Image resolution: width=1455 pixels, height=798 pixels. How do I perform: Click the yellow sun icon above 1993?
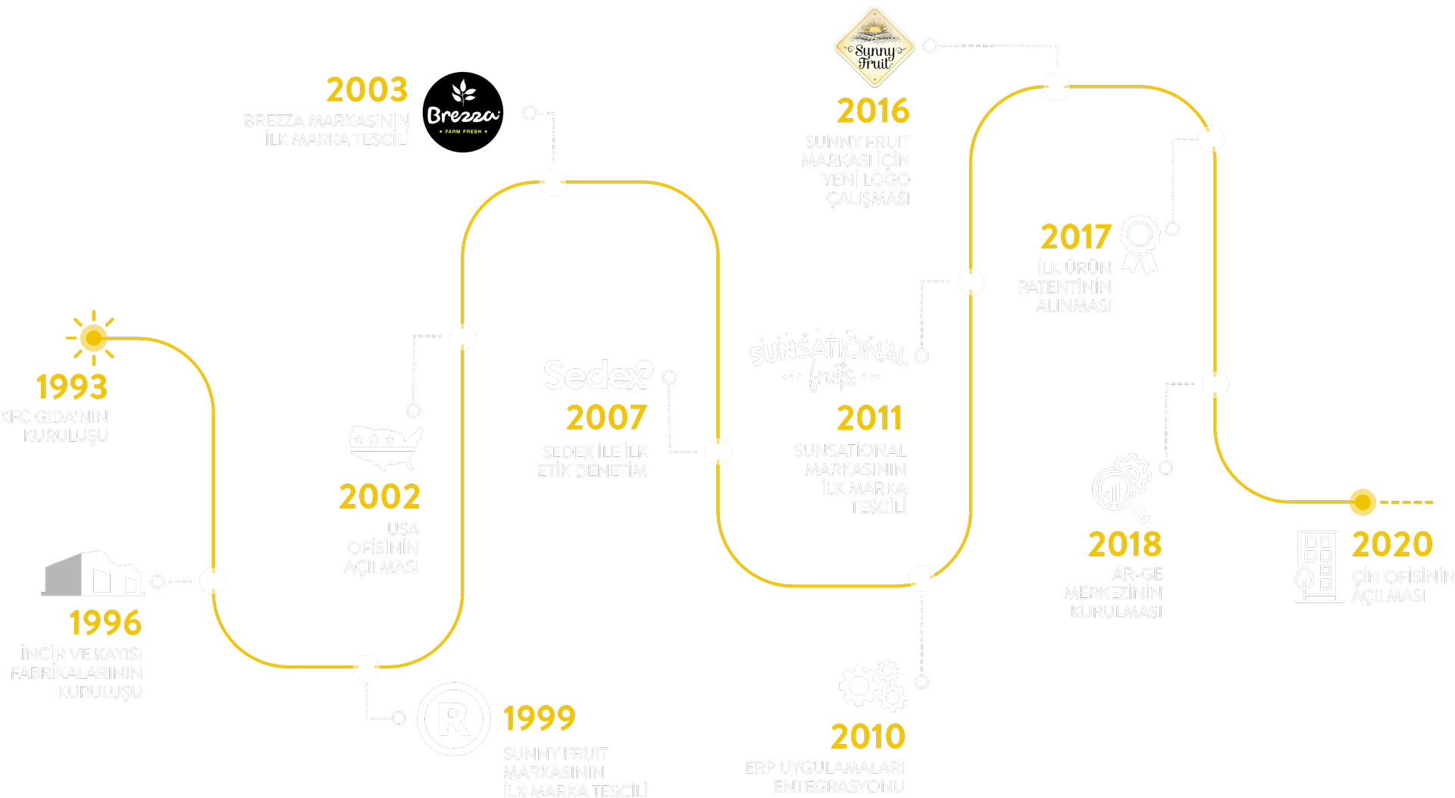(93, 338)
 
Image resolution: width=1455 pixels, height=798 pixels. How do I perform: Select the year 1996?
(105, 623)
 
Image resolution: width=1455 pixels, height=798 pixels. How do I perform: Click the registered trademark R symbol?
(454, 718)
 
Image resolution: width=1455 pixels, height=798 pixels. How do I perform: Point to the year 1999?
(540, 718)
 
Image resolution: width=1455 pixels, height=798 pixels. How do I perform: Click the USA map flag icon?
(386, 447)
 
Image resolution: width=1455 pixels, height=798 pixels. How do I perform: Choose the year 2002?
(380, 497)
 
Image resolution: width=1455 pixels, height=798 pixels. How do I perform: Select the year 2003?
(367, 90)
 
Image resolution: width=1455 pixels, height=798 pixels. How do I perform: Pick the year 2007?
(606, 418)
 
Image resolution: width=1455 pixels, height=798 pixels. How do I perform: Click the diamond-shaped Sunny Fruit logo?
(875, 48)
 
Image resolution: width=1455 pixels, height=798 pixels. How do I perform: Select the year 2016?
(873, 111)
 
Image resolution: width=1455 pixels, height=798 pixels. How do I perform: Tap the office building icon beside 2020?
(1319, 567)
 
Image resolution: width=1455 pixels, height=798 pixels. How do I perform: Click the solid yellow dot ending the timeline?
(1363, 502)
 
